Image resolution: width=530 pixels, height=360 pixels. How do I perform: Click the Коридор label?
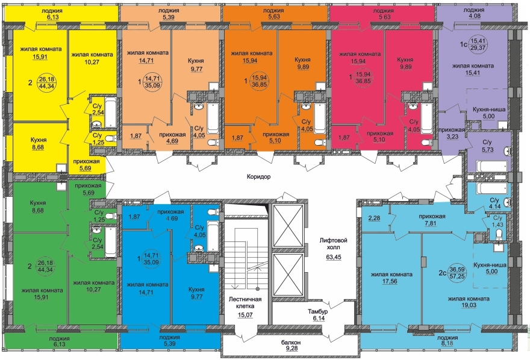point(258,176)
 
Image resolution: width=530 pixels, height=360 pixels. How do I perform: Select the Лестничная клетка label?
point(246,303)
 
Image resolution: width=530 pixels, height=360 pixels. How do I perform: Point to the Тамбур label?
point(317,311)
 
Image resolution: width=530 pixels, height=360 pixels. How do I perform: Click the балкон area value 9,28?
point(291,349)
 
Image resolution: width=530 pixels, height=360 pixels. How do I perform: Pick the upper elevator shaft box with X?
point(288,226)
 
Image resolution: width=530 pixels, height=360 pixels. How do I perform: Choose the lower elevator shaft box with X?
point(288,275)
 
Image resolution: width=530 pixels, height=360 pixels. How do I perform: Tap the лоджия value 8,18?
point(447,344)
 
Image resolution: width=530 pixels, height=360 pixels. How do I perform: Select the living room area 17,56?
point(391,281)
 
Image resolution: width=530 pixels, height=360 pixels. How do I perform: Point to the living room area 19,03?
point(469,305)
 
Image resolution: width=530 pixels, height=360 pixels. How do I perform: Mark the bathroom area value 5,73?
point(487,149)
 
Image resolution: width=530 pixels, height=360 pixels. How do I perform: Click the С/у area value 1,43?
point(497,225)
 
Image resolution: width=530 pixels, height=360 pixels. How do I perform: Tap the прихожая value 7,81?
point(432,223)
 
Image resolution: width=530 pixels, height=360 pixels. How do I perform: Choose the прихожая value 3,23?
point(452,137)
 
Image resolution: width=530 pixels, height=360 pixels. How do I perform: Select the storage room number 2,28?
point(374,218)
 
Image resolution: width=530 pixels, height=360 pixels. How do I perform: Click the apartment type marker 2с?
point(443,273)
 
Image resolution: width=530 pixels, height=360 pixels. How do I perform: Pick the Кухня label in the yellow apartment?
point(38,140)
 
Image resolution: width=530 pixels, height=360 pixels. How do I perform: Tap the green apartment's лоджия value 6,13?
point(58,344)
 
